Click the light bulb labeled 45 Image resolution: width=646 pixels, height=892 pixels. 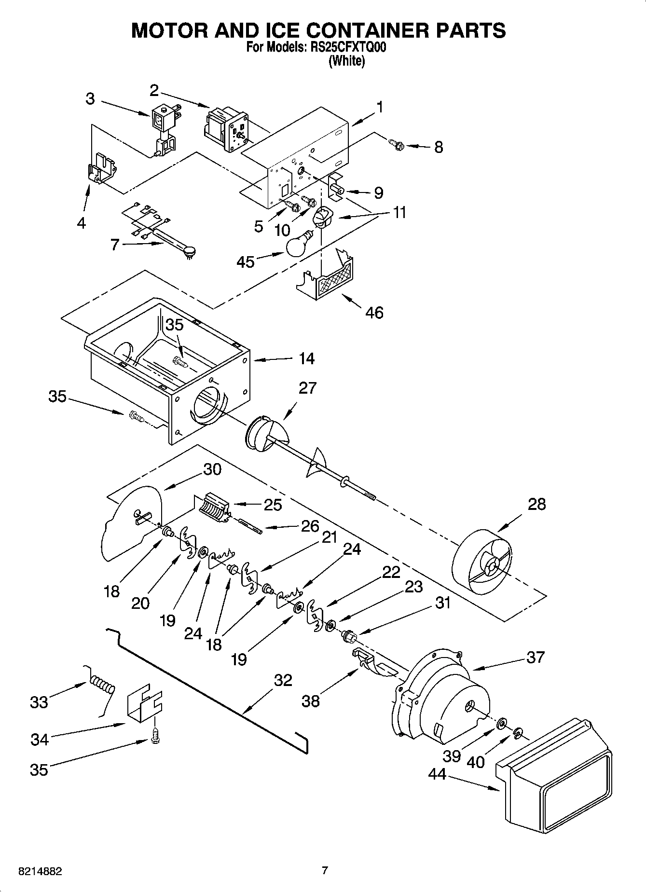[298, 245]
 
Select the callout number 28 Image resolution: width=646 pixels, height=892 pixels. [536, 504]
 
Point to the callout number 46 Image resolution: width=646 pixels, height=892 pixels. [374, 313]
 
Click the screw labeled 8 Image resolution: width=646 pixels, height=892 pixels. [396, 143]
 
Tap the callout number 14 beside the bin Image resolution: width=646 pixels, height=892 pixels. [306, 358]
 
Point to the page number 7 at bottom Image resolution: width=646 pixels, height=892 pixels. [325, 871]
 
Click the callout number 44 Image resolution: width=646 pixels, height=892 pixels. [438, 774]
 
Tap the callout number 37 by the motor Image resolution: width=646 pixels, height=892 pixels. [536, 657]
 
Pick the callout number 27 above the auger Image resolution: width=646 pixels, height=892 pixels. [307, 388]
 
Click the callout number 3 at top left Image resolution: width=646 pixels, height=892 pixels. [90, 99]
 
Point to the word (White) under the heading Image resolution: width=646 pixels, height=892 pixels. [346, 61]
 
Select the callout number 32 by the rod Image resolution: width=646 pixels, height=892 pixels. [283, 680]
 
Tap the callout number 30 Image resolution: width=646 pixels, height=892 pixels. [212, 469]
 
